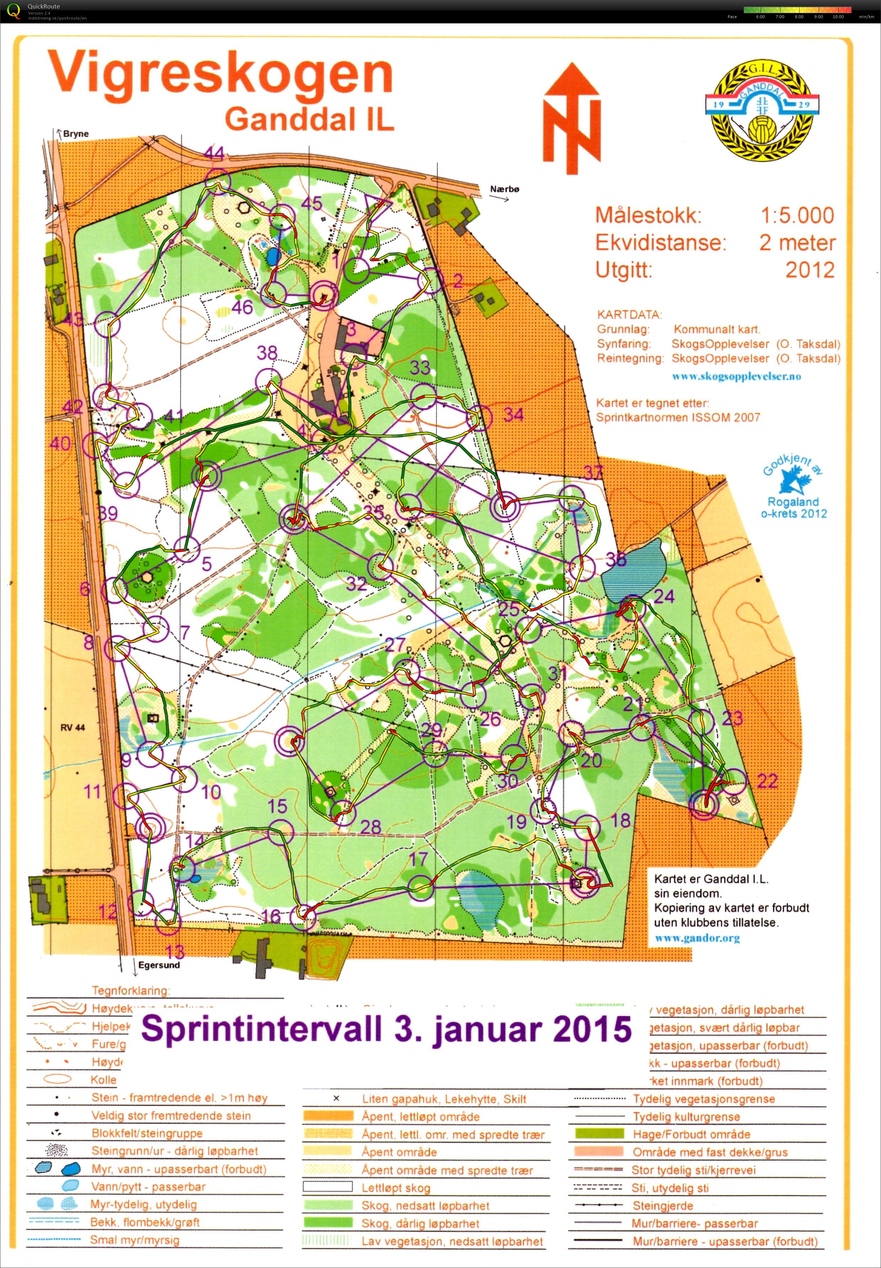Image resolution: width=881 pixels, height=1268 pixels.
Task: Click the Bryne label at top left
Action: [x=76, y=134]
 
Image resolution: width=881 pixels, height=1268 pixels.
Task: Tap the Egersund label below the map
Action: [x=159, y=965]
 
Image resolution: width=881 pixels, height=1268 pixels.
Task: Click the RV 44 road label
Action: [x=73, y=728]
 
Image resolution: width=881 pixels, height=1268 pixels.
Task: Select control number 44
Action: [x=214, y=153]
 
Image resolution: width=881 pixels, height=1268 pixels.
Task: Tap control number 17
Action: [x=418, y=858]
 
